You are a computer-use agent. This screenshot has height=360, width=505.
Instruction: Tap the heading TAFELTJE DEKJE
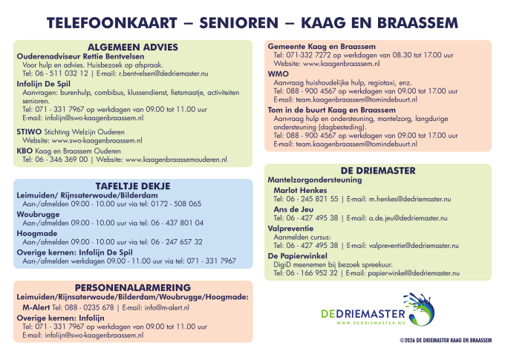point(133,185)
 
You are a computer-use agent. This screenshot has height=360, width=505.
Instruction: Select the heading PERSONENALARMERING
point(133,287)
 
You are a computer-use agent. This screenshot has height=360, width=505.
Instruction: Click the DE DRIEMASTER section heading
point(378,170)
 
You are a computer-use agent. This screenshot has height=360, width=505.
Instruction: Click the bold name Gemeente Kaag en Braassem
point(321,47)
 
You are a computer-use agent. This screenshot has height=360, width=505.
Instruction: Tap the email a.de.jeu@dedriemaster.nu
point(413,217)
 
